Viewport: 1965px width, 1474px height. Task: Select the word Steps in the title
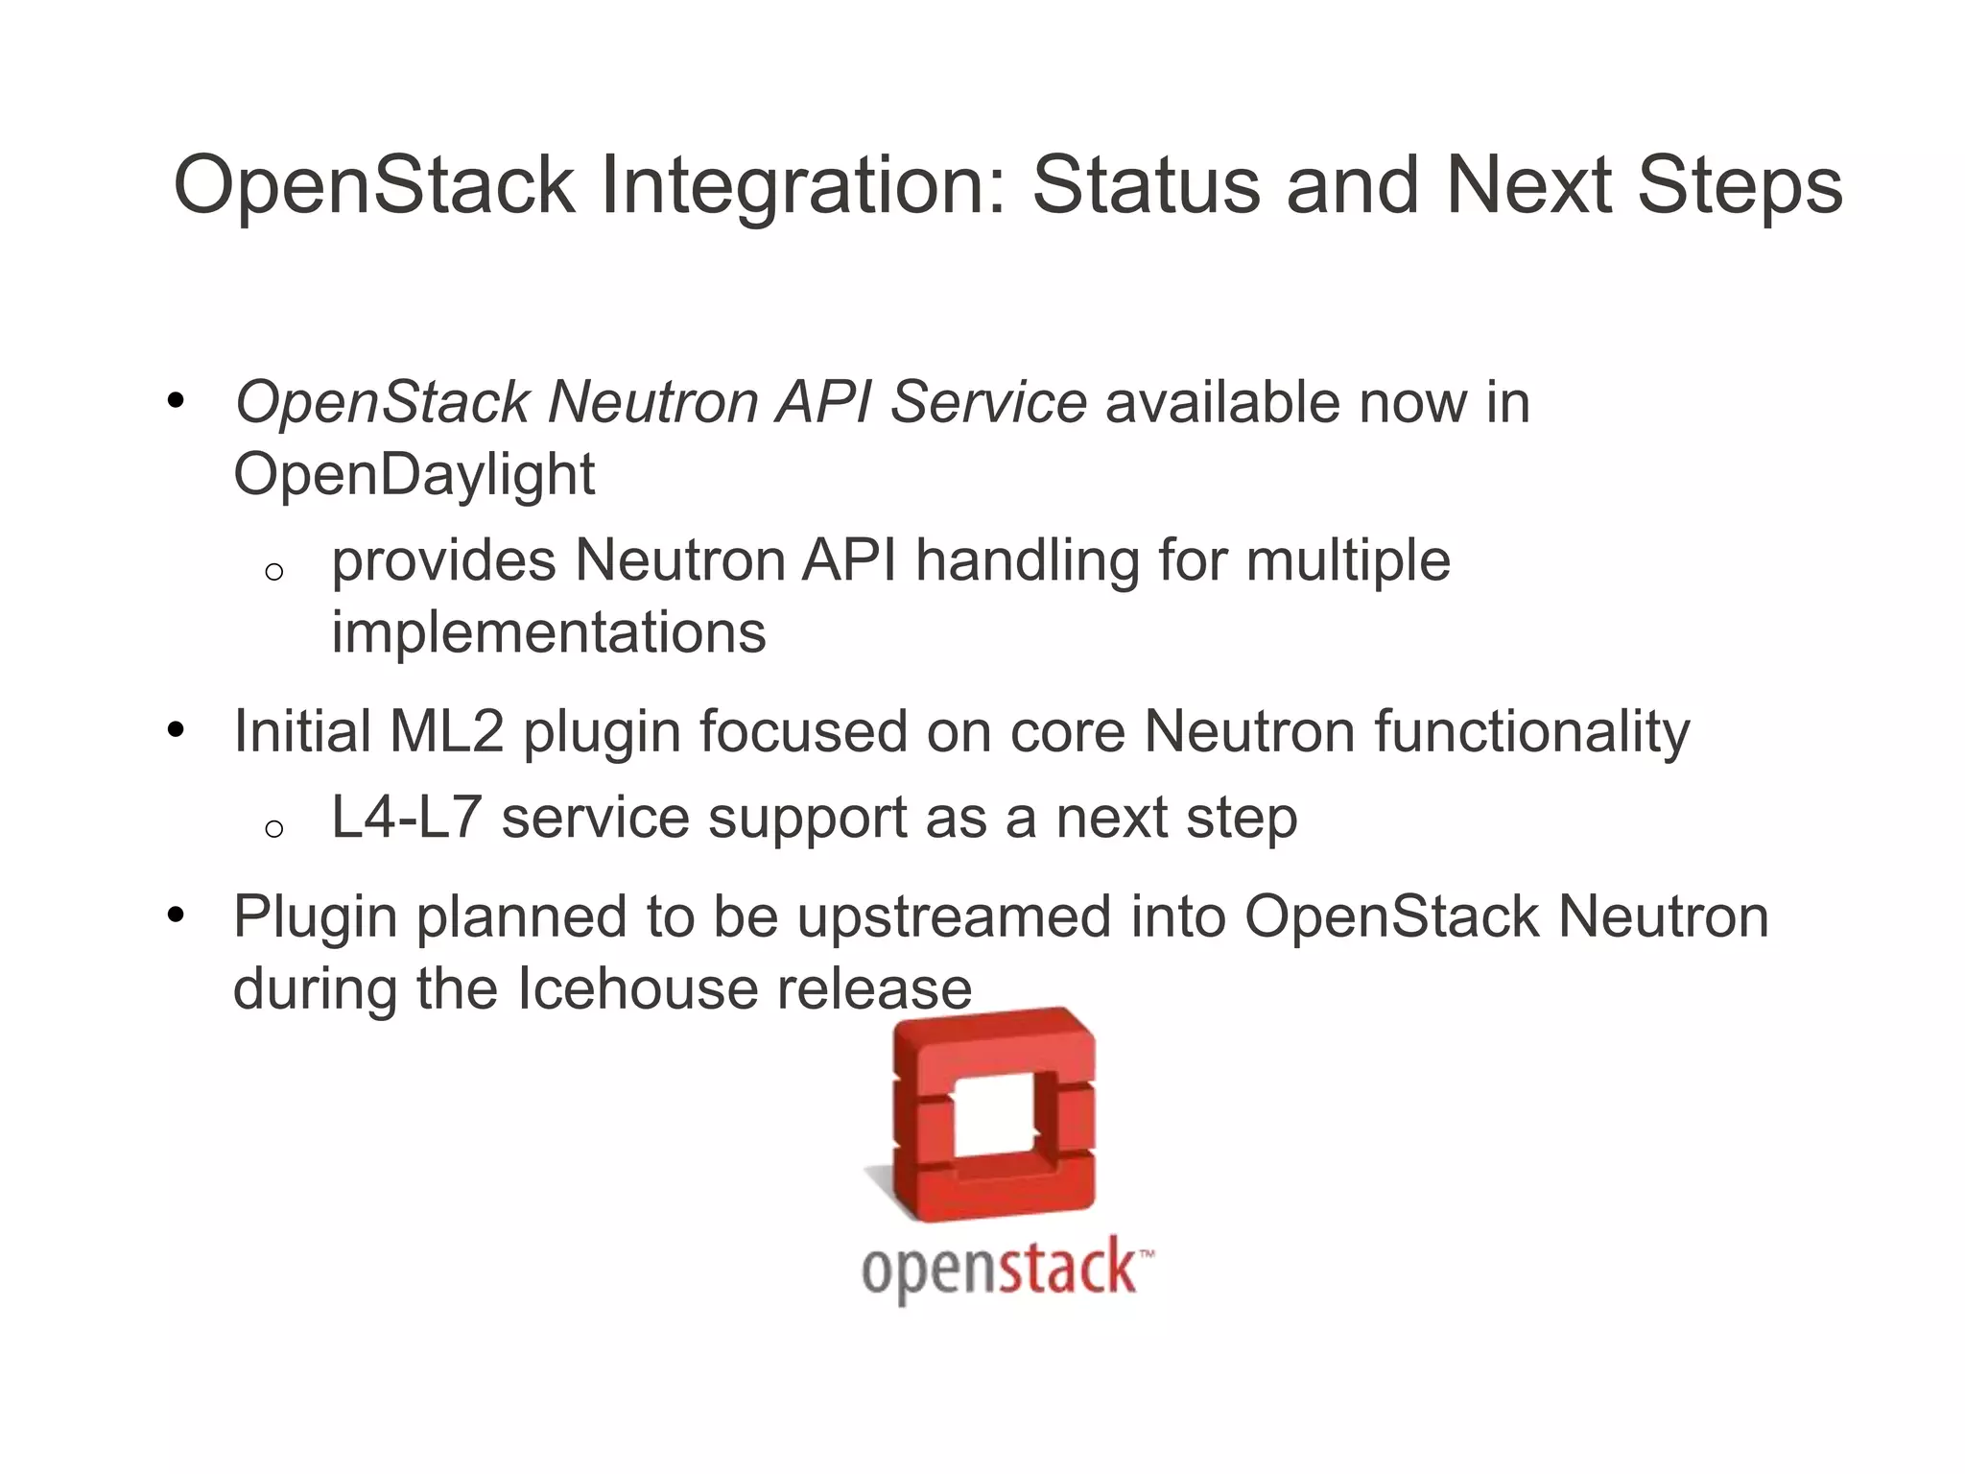[x=1740, y=187]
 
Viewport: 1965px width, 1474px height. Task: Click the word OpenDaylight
[x=414, y=474]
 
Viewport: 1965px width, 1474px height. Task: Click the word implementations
[x=548, y=632]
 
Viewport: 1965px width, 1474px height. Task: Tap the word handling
[x=1027, y=561]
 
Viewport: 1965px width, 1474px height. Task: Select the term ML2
[x=446, y=731]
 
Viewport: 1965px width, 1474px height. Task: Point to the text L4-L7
[x=405, y=818]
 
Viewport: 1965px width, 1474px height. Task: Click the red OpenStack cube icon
[x=994, y=1113]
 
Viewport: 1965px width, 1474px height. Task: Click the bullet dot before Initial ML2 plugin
[x=175, y=731]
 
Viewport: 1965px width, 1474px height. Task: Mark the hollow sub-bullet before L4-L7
[x=273, y=828]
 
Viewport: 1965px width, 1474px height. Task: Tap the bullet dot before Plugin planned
[x=175, y=915]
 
